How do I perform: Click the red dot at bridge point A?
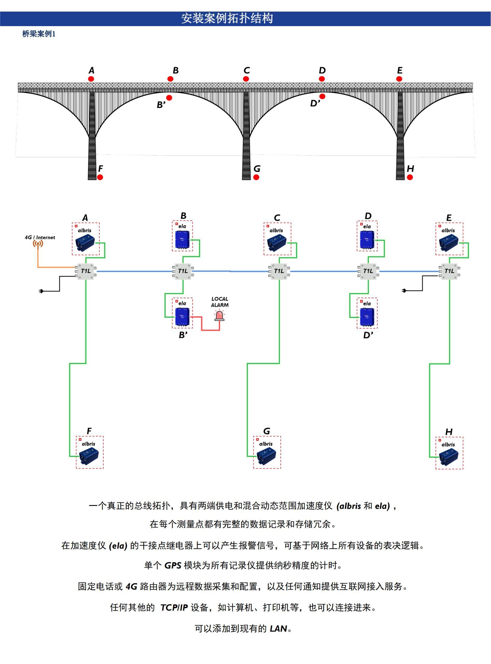(91, 79)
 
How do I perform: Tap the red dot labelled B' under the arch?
(169, 98)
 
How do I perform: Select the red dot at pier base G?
(256, 177)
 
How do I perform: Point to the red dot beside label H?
(410, 177)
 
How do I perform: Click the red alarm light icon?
(219, 315)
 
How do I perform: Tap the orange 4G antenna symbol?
(38, 244)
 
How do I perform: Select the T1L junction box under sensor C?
(279, 271)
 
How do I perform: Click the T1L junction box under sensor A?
(86, 271)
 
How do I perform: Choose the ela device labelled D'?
(367, 317)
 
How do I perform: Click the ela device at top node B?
(182, 239)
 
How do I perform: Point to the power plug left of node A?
(41, 291)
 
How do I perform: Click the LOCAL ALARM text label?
(220, 302)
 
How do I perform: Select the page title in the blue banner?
(227, 18)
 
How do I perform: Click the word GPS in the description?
(173, 565)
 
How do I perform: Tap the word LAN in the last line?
(278, 629)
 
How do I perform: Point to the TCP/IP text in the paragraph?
(174, 608)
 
